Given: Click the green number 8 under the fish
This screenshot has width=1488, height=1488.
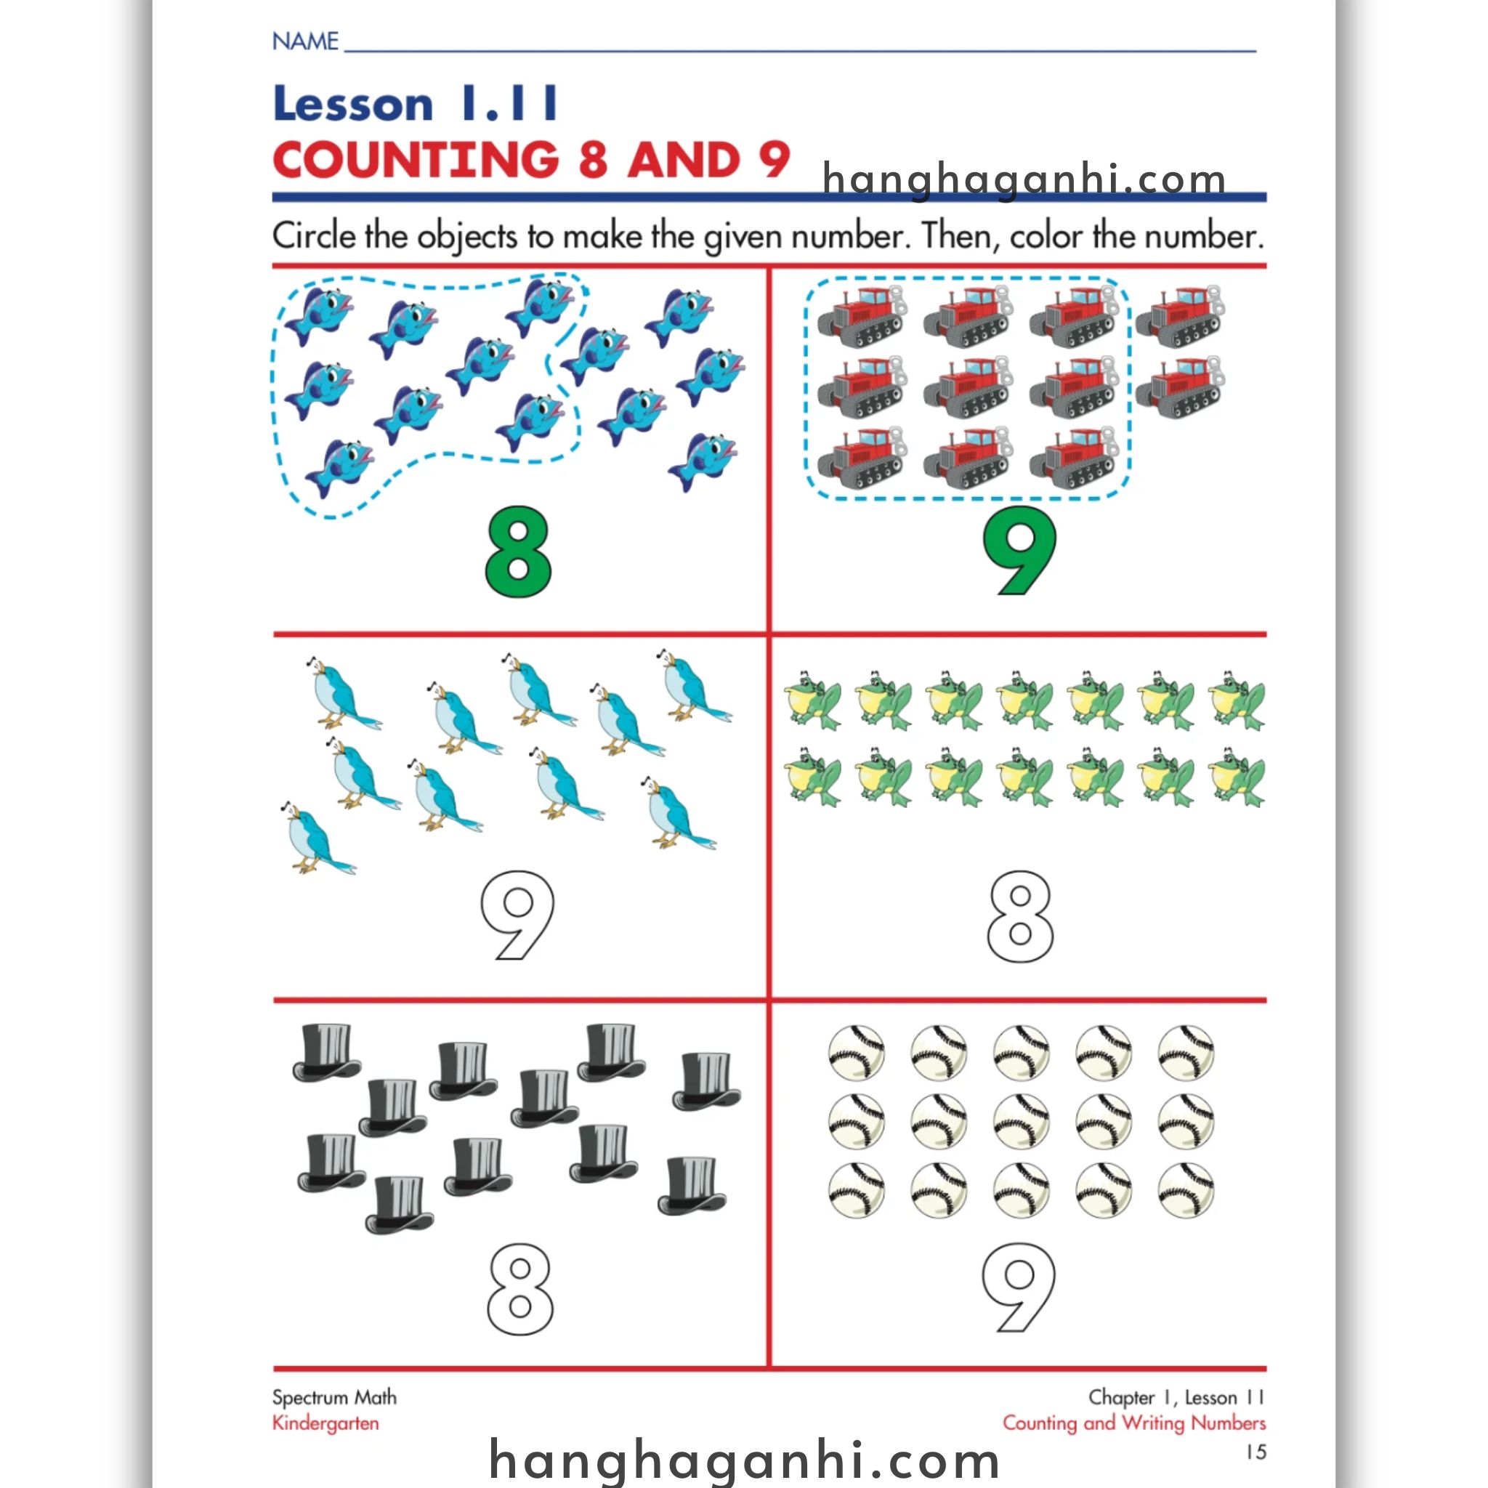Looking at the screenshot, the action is point(518,551).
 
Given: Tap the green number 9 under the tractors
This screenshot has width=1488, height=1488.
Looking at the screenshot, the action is point(1019,551).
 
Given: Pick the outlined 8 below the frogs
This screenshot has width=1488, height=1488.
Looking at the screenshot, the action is point(1019,916).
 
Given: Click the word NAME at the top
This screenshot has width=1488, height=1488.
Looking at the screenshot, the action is point(305,41).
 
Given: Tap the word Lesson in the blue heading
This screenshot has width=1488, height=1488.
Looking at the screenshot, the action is point(352,104).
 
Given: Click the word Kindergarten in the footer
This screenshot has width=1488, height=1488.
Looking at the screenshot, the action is point(325,1423).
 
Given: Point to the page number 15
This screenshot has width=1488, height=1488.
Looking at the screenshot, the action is point(1255,1451).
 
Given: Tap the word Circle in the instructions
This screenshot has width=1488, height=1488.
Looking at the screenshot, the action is point(314,235).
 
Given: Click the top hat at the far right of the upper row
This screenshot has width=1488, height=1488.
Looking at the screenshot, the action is point(706,1080).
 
